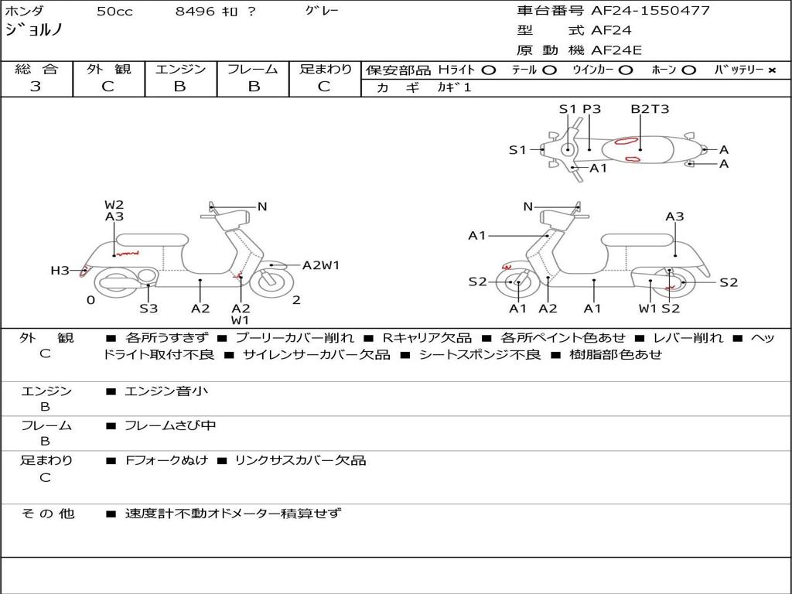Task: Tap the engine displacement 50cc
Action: tap(114, 12)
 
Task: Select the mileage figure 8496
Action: tap(194, 12)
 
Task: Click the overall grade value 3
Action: tap(36, 87)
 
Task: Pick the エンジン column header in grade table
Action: tap(180, 70)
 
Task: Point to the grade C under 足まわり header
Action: tap(324, 87)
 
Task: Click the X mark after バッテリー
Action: tap(772, 70)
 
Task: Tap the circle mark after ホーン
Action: tap(689, 70)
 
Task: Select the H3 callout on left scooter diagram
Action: tap(60, 271)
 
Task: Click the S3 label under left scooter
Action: tap(148, 309)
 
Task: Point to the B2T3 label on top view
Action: tap(650, 109)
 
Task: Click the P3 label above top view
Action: tap(592, 109)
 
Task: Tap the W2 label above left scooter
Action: tap(114, 205)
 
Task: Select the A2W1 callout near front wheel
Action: tap(321, 265)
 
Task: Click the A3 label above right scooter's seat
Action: tap(674, 217)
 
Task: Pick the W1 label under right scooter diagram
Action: tap(647, 309)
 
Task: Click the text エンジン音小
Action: tap(166, 391)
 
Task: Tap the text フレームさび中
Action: tap(170, 425)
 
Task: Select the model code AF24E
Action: tap(616, 51)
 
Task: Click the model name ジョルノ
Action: tap(34, 29)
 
